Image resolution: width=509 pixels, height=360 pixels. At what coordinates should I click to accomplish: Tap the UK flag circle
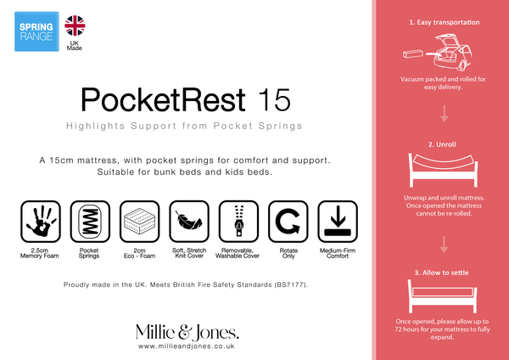tap(75, 25)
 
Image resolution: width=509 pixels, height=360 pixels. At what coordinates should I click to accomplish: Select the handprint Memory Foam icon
tap(40, 222)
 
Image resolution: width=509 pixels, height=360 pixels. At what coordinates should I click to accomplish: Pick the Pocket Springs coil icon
tap(89, 222)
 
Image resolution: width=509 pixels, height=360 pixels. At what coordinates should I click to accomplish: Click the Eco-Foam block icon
tap(138, 222)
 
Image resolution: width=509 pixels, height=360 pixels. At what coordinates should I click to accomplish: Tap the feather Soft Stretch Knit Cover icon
tap(187, 222)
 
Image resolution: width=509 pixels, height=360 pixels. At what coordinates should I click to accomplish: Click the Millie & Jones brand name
tap(187, 330)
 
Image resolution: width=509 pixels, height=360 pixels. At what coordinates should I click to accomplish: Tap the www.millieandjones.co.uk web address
tap(186, 346)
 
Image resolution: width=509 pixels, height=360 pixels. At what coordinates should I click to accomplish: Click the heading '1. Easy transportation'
tap(443, 22)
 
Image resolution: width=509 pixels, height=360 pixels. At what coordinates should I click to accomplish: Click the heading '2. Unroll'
tap(443, 145)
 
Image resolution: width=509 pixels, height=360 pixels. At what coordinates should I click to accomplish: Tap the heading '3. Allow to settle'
tap(443, 272)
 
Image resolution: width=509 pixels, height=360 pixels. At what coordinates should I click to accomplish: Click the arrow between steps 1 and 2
tap(443, 114)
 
